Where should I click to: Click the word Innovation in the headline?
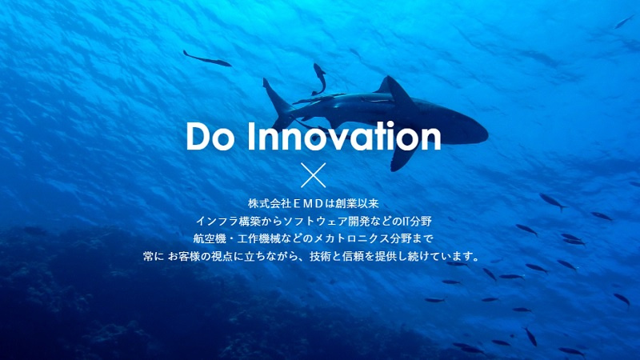pyautogui.click(x=345, y=136)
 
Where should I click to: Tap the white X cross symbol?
pyautogui.click(x=313, y=175)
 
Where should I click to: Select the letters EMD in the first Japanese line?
pyautogui.click(x=308, y=203)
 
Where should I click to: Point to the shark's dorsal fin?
pyautogui.click(x=393, y=88)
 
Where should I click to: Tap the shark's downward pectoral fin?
pyautogui.click(x=403, y=157)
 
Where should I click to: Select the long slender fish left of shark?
pyautogui.click(x=206, y=58)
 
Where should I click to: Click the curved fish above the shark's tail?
pyautogui.click(x=319, y=78)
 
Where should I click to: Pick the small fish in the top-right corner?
pyautogui.click(x=624, y=22)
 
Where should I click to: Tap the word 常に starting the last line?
pyautogui.click(x=154, y=256)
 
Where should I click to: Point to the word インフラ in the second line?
pyautogui.click(x=217, y=222)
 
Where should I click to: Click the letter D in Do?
pyautogui.click(x=199, y=136)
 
